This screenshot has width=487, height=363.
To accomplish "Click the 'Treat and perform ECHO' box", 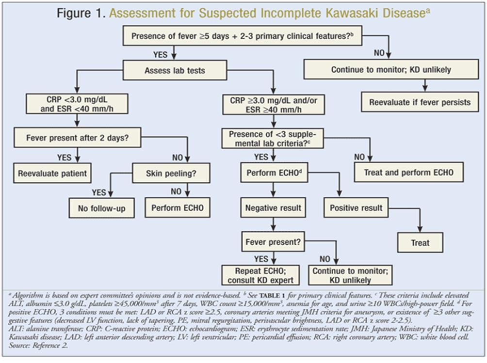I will (x=408, y=172).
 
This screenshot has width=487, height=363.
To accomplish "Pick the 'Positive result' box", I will (x=356, y=209).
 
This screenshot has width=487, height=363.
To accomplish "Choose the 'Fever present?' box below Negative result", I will (x=274, y=240).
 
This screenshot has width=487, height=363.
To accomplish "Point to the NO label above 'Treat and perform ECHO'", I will (x=359, y=157).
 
